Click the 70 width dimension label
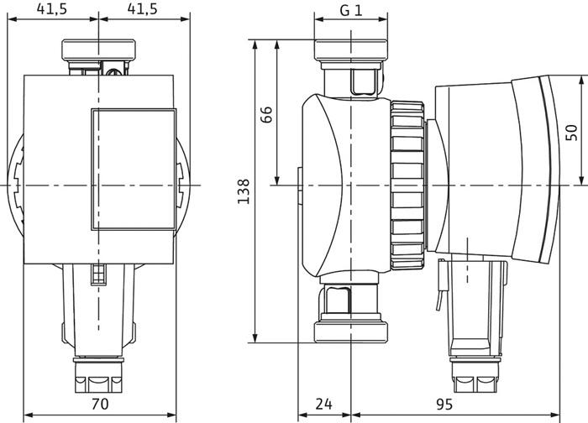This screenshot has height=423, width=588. pyautogui.click(x=99, y=404)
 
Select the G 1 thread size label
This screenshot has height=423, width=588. pyautogui.click(x=351, y=10)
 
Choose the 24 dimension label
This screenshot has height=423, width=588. pyautogui.click(x=324, y=404)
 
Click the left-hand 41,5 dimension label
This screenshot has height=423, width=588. pyautogui.click(x=54, y=9)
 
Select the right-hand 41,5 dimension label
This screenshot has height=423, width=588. pyautogui.click(x=142, y=9)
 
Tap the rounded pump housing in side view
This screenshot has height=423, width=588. pyautogui.click(x=340, y=185)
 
